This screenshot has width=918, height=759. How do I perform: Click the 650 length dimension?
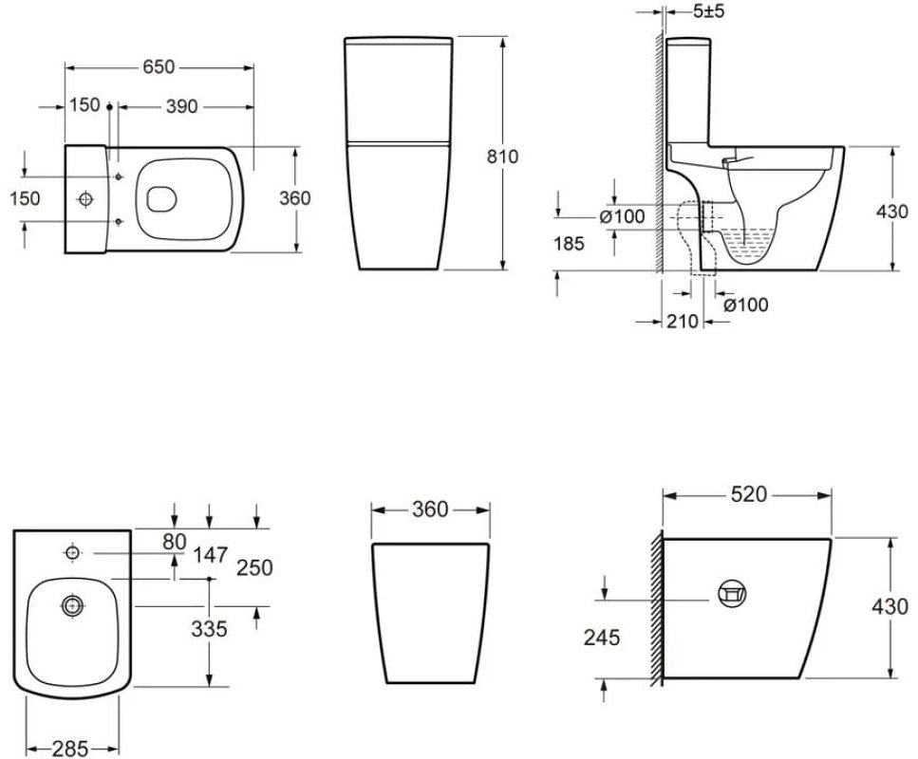[x=159, y=66]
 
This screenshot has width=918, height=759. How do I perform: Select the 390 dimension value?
[x=181, y=106]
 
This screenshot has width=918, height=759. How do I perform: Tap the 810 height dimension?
[x=502, y=157]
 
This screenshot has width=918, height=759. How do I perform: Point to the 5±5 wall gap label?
[x=708, y=10]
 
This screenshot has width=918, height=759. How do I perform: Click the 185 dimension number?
[x=569, y=243]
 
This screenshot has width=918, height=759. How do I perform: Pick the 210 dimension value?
[x=682, y=321]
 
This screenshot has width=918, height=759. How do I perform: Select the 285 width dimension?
[x=69, y=749]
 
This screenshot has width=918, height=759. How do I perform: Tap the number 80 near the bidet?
[x=175, y=542]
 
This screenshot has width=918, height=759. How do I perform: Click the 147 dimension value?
[x=210, y=555]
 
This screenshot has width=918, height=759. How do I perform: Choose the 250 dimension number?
[x=254, y=567]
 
